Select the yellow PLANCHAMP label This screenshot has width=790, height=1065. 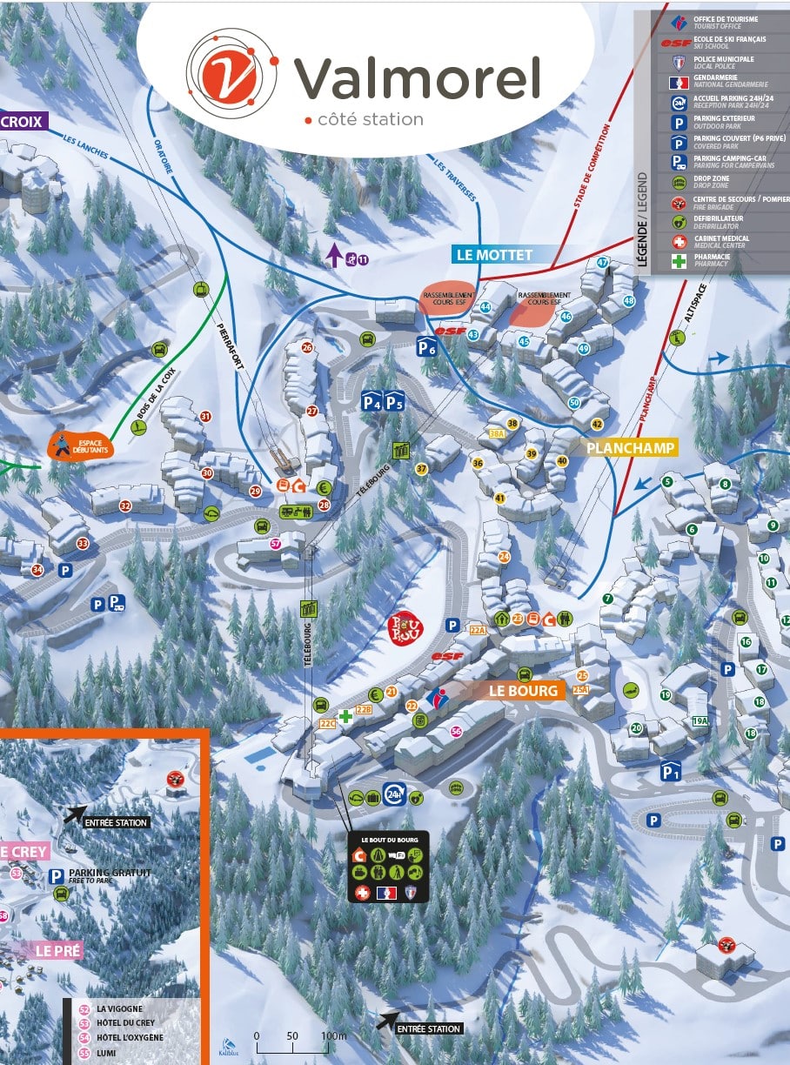point(631,448)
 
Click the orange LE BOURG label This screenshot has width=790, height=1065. point(523,691)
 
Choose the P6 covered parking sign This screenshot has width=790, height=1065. point(426,346)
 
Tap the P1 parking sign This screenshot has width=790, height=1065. point(669,771)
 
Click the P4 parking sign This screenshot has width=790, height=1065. point(372,401)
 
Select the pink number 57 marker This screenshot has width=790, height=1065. point(275,544)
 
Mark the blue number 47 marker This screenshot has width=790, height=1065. point(602,263)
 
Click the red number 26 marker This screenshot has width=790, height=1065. point(306,347)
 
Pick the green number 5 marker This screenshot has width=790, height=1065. point(667,481)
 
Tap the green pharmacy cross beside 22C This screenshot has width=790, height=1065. point(345,716)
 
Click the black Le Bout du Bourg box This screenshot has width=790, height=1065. point(389,867)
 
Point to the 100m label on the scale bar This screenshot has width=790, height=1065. point(333,1036)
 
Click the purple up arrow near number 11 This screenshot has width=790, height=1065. point(333,255)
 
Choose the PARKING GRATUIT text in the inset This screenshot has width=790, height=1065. point(110,872)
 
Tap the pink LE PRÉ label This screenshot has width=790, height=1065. point(59,951)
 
